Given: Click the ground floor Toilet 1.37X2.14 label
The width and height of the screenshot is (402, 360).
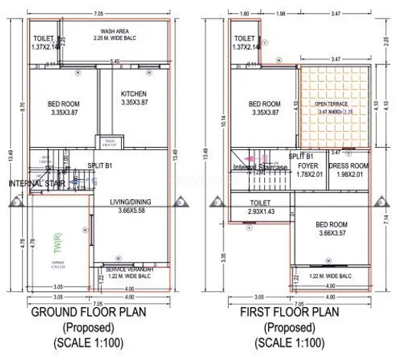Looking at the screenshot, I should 45,42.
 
